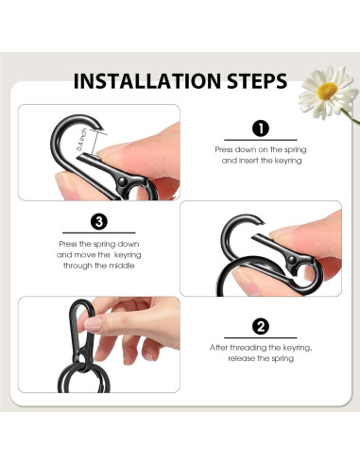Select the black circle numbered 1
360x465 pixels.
point(261,129)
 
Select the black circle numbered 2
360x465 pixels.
point(261,327)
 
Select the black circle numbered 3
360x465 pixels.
point(99,222)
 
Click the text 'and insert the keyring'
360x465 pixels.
point(261,161)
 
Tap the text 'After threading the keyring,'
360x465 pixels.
point(261,348)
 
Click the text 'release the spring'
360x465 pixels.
point(261,359)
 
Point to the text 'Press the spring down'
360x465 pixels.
point(98,244)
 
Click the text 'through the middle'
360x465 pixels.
point(98,267)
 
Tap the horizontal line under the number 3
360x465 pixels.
point(98,233)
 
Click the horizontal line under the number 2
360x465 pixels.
point(261,338)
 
